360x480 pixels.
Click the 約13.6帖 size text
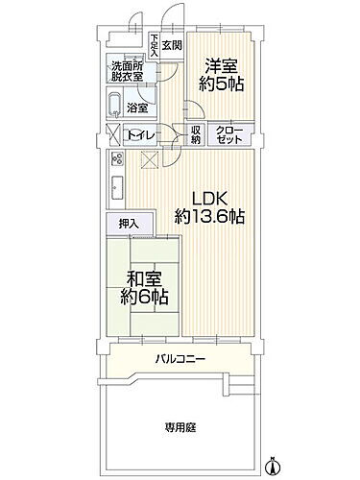click(210, 218)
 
